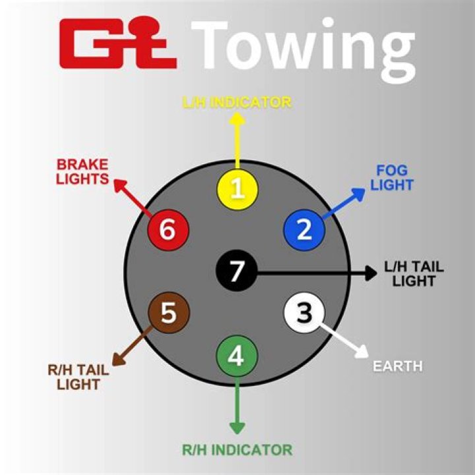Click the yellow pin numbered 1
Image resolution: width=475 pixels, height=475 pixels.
[x=237, y=189]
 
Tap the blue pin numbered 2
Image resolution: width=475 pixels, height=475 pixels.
[x=303, y=229]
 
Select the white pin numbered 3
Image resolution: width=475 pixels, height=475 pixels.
[x=304, y=312]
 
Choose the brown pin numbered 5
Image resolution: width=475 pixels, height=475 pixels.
[x=169, y=313]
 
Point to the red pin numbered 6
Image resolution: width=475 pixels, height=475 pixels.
[x=168, y=230]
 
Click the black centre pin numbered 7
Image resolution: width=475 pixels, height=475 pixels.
[x=236, y=270]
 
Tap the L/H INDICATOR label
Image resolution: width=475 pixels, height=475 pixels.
[x=237, y=102]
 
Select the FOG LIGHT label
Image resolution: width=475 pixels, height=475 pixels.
[x=391, y=177]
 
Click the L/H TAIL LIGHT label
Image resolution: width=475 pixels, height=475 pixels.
[x=414, y=274]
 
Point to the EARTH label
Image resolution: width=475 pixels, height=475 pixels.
[x=397, y=365]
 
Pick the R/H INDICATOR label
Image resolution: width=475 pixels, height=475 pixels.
[x=237, y=450]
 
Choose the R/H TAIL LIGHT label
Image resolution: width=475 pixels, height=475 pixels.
[x=78, y=377]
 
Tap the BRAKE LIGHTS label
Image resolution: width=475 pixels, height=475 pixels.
[x=82, y=171]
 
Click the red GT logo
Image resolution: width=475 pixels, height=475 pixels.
[x=117, y=44]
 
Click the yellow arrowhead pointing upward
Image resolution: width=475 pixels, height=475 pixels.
[x=237, y=119]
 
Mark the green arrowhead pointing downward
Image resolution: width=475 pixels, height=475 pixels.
[x=237, y=427]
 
